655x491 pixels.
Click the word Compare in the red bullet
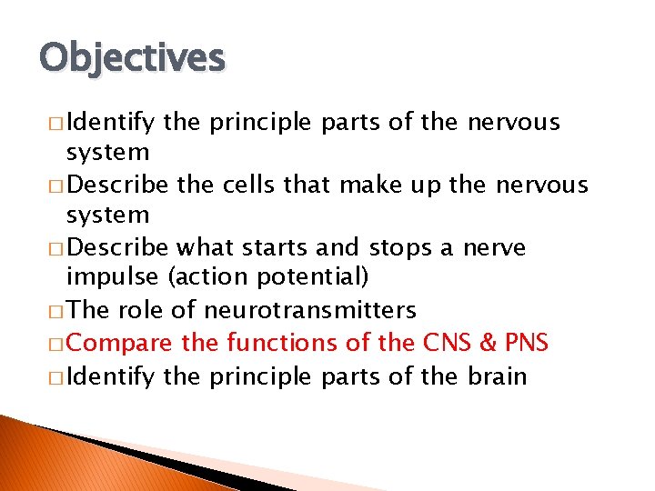tap(122, 343)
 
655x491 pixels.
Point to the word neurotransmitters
tap(309, 310)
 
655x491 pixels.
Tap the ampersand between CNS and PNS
tap(489, 343)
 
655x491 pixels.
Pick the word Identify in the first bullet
tap(111, 123)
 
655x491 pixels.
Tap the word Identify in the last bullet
tap(111, 376)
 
